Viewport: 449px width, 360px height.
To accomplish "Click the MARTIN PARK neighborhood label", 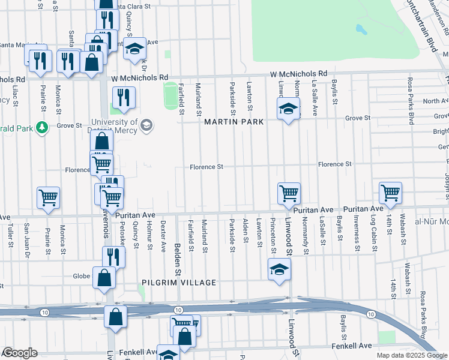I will [x=234, y=122].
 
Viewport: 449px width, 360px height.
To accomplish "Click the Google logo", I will [x=19, y=353].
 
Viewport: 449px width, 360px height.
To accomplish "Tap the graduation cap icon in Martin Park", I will [x=289, y=110].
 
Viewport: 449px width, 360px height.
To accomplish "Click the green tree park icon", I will [x=42, y=127].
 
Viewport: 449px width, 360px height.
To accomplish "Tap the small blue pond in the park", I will [x=361, y=28].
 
